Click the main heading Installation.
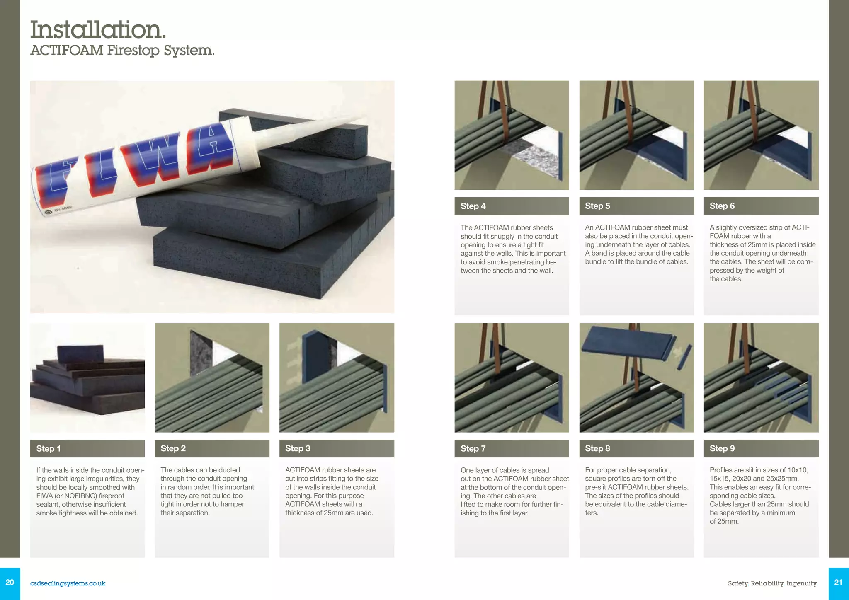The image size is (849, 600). (98, 30)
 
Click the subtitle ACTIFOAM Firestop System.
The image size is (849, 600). (122, 50)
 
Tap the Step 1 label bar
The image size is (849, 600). (87, 448)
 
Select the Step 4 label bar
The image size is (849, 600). (512, 206)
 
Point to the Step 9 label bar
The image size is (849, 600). (761, 448)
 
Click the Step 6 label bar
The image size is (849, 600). (761, 206)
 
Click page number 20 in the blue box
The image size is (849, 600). (10, 582)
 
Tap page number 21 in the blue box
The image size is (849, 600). (838, 582)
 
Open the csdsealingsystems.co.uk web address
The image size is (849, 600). (68, 583)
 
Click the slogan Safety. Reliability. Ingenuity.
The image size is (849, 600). (772, 583)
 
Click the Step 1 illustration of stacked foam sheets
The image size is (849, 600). (87, 377)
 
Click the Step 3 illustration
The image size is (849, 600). (337, 377)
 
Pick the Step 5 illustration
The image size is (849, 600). (636, 135)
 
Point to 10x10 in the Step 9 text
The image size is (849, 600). (798, 470)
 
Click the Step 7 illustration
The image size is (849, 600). (512, 377)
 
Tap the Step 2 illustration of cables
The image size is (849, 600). (212, 377)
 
